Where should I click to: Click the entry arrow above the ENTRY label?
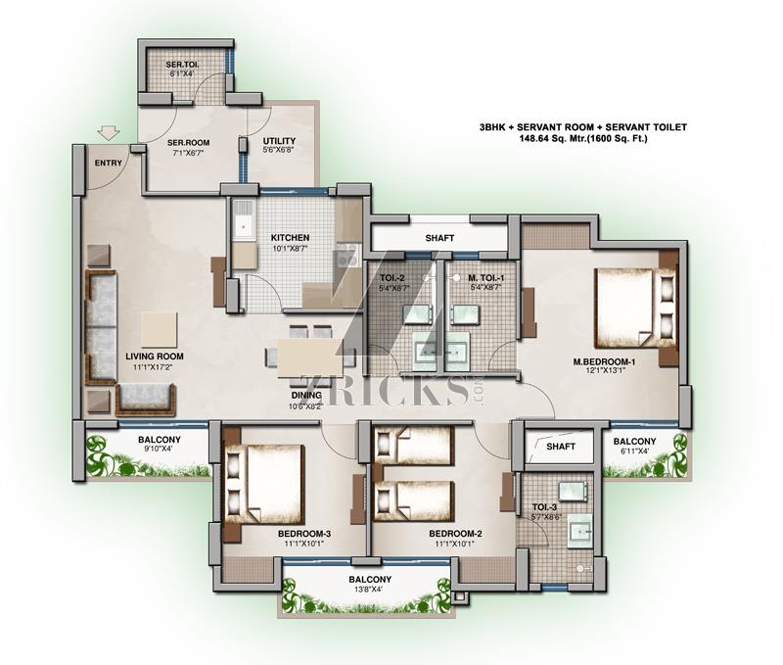point(109,132)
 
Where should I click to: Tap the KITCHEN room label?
point(290,238)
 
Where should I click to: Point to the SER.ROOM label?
point(188,142)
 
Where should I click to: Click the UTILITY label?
point(279,141)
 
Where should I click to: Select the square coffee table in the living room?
point(159,330)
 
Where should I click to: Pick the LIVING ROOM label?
point(155,356)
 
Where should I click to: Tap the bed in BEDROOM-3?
point(264,484)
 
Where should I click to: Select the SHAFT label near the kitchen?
point(439,238)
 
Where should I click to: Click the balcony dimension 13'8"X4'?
point(370,589)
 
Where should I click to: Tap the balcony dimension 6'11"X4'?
point(634,451)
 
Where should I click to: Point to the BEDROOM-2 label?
point(455,534)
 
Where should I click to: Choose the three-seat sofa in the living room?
point(102,327)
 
